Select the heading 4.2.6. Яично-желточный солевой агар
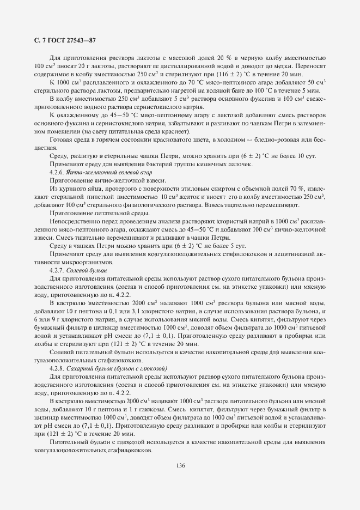click(86, 171)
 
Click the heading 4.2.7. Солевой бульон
click(78, 270)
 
